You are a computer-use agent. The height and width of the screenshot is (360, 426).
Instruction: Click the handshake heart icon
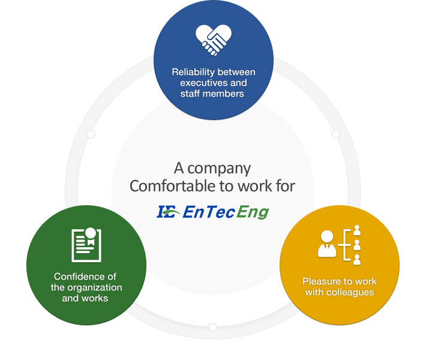(x=213, y=40)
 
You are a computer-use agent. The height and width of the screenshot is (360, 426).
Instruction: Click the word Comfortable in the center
(x=167, y=186)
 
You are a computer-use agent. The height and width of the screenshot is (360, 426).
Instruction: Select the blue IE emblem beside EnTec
(x=166, y=212)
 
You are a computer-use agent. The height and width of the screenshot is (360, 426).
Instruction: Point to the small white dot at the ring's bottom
(x=212, y=327)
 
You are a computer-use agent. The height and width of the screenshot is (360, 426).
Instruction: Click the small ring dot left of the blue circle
(x=91, y=134)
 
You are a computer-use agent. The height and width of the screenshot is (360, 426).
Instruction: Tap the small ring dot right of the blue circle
(x=335, y=134)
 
